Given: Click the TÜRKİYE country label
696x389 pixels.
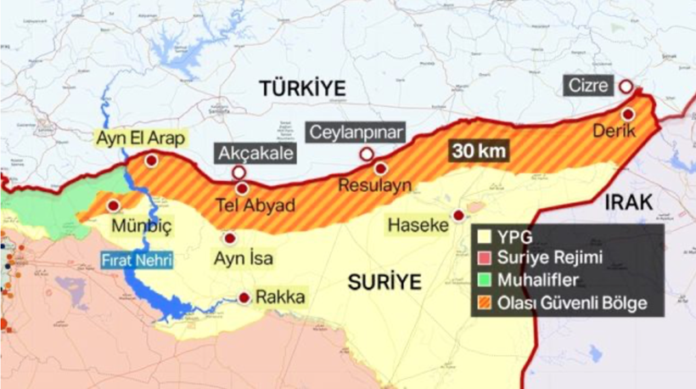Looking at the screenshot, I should (x=304, y=87).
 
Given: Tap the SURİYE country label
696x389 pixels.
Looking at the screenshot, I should (x=384, y=282).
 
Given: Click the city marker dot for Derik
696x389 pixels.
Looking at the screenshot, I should (x=628, y=114).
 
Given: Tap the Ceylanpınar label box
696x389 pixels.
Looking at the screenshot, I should (x=356, y=132).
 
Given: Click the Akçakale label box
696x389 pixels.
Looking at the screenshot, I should (x=255, y=154).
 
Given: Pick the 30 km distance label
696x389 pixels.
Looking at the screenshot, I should (x=480, y=151).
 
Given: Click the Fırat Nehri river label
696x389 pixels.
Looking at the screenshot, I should (x=138, y=261).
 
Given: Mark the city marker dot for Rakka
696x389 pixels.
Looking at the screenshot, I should (x=244, y=298).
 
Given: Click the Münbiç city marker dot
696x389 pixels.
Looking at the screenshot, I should (x=113, y=206).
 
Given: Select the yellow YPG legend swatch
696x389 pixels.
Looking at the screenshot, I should (x=484, y=237).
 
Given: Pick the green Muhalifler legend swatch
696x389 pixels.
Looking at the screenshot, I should (x=484, y=280).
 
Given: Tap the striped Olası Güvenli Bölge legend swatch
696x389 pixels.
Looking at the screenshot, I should (x=484, y=302).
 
